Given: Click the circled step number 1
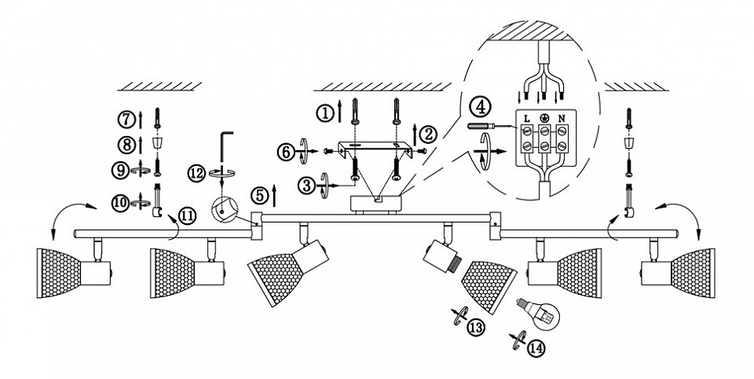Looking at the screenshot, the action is [324, 113].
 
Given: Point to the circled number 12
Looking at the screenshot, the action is [196, 174].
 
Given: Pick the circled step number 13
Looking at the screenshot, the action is [476, 327].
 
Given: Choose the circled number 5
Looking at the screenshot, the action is [260, 196].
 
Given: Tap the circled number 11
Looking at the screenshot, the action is [188, 216].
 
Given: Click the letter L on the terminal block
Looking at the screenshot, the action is [526, 117].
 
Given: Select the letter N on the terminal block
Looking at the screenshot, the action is [561, 117].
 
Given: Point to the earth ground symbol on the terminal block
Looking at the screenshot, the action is [544, 117].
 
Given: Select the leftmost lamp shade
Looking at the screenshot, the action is [59, 273].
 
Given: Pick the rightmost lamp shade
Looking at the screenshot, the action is [693, 273].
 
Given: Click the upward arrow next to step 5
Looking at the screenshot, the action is [274, 195].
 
